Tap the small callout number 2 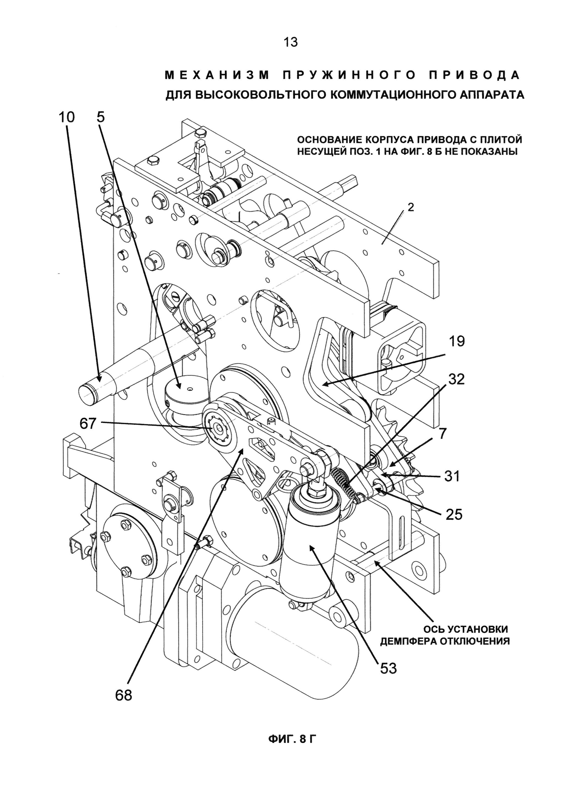click(x=411, y=207)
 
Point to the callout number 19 click(x=456, y=341)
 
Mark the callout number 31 click(x=452, y=476)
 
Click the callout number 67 click(x=88, y=424)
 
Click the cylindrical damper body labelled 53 click(x=308, y=539)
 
